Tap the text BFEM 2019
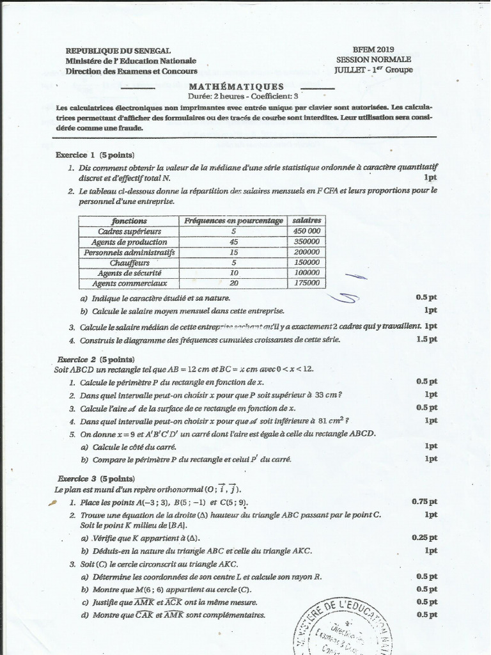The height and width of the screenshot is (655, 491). (x=373, y=49)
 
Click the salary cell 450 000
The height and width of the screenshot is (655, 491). (x=306, y=231)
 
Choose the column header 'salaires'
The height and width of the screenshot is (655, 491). (x=306, y=220)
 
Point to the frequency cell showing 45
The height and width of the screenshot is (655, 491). (x=233, y=242)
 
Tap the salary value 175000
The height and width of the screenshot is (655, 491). (x=306, y=283)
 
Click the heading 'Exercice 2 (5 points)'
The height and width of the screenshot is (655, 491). (x=95, y=359)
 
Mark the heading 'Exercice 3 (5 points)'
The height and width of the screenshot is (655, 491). (x=95, y=478)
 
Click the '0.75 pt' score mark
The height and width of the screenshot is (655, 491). (x=425, y=502)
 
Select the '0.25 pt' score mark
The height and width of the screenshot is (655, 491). (x=425, y=538)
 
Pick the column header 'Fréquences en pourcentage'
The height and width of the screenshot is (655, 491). (x=233, y=220)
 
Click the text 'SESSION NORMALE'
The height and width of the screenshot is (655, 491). (x=374, y=59)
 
